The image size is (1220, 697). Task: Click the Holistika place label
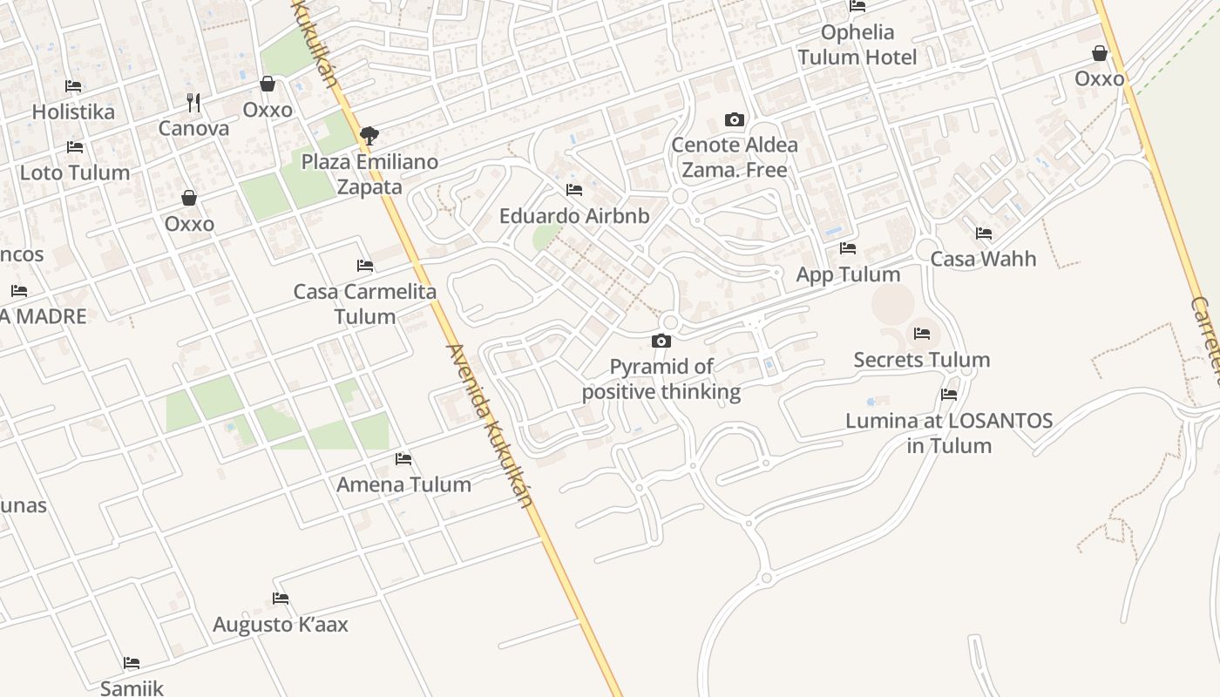[x=73, y=112]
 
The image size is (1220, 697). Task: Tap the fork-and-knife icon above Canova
[x=193, y=103]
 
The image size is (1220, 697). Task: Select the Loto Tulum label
[x=75, y=173]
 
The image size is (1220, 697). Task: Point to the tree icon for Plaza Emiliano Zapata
[x=369, y=135]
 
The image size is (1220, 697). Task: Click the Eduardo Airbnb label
[x=574, y=215]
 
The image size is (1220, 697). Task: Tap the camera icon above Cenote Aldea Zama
[x=735, y=120]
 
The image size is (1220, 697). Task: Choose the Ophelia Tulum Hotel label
[x=857, y=45]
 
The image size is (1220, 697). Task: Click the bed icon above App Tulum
[x=848, y=248]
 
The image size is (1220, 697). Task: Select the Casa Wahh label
[x=983, y=259]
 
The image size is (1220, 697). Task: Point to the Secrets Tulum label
[x=922, y=360]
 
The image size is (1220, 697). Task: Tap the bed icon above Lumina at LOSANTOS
[x=949, y=395]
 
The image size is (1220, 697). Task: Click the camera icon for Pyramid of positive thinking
[x=661, y=341]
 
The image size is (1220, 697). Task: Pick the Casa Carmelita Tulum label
[x=365, y=303]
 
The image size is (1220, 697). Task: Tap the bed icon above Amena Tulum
[x=403, y=458]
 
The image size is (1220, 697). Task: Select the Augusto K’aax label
[x=281, y=625]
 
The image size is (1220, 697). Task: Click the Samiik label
[x=132, y=688]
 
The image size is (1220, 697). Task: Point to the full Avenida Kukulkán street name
[x=489, y=426]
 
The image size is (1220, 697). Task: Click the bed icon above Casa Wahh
[x=984, y=233]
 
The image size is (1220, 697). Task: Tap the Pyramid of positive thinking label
[x=661, y=379]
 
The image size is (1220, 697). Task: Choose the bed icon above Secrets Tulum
[x=922, y=333]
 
